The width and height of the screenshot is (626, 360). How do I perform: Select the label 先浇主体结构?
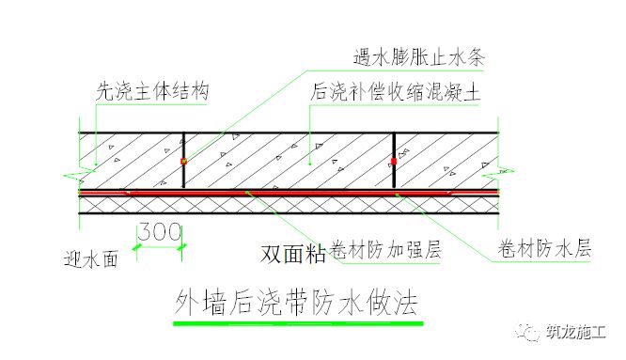coord(150,92)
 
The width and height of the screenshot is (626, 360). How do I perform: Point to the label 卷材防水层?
coord(543,251)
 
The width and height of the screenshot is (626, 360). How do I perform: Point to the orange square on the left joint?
coord(184,162)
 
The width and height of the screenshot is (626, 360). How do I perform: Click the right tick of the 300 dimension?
coord(185,246)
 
